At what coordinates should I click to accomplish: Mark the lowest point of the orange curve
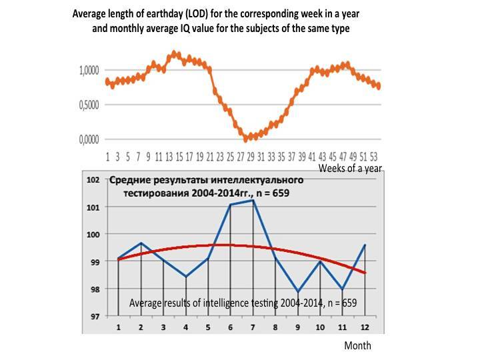[247, 138]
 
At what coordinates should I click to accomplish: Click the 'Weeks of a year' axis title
[349, 169]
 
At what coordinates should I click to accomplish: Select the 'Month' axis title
[357, 345]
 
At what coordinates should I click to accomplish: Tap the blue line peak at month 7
[253, 201]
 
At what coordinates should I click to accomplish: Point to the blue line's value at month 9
[297, 292]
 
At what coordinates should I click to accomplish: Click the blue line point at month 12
[364, 245]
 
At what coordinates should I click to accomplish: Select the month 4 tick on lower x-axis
[185, 327]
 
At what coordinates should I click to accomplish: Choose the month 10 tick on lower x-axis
[319, 327]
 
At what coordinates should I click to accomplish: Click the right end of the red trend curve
[366, 273]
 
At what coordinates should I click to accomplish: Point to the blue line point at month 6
[230, 205]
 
